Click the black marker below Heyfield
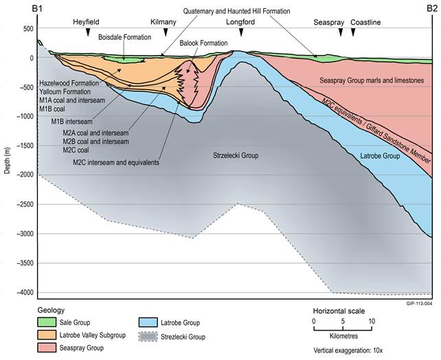click(x=88, y=32)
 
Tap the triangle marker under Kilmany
click(x=166, y=32)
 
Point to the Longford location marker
click(x=241, y=32)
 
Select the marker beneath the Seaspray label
click(x=341, y=32)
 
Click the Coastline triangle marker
click(x=353, y=32)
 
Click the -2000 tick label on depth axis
click(x=25, y=175)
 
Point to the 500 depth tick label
click(x=28, y=29)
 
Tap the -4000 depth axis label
click(x=25, y=293)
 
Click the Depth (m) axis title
click(x=8, y=160)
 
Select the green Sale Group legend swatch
click(x=47, y=322)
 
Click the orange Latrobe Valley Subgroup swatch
click(x=47, y=335)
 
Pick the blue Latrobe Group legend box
click(x=148, y=323)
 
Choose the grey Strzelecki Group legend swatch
click(x=148, y=337)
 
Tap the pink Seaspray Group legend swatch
click(x=47, y=348)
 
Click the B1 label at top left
click(x=37, y=9)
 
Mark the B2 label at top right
click(x=432, y=9)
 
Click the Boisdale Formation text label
click(x=124, y=37)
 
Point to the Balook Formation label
click(x=203, y=43)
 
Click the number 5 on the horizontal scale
click(x=343, y=322)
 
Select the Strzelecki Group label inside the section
click(x=236, y=155)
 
